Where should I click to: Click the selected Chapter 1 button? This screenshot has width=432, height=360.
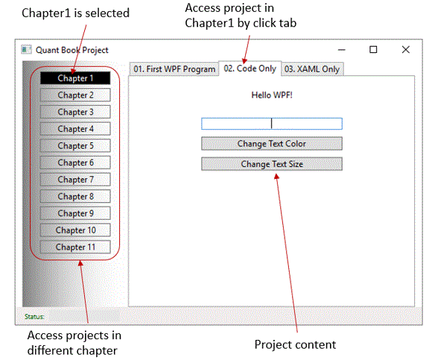coord(75,78)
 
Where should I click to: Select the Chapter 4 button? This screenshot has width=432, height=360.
coord(75,129)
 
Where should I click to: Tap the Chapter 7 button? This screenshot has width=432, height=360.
coord(75,180)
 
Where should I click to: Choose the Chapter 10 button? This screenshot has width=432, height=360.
coord(75,230)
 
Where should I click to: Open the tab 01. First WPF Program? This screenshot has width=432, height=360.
coord(174,69)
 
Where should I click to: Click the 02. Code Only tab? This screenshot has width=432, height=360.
coord(250,69)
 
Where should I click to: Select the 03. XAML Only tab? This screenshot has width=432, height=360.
coord(312,69)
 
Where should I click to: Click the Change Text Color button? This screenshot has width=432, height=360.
coord(272,144)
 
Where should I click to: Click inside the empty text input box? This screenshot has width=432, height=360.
coord(272,124)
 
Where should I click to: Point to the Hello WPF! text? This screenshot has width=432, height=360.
coord(272,95)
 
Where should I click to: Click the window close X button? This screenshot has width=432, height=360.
coord(405,50)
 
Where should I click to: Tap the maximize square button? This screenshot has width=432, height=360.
coord(373,50)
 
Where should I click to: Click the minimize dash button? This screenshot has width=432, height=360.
coord(342,50)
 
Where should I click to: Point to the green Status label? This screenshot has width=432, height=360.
coord(34,317)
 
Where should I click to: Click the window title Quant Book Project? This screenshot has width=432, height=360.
coord(72,50)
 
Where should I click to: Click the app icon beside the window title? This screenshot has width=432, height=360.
coord(27,50)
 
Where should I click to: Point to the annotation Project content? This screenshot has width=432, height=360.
coord(295,345)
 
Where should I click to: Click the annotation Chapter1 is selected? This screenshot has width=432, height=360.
coord(75,13)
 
